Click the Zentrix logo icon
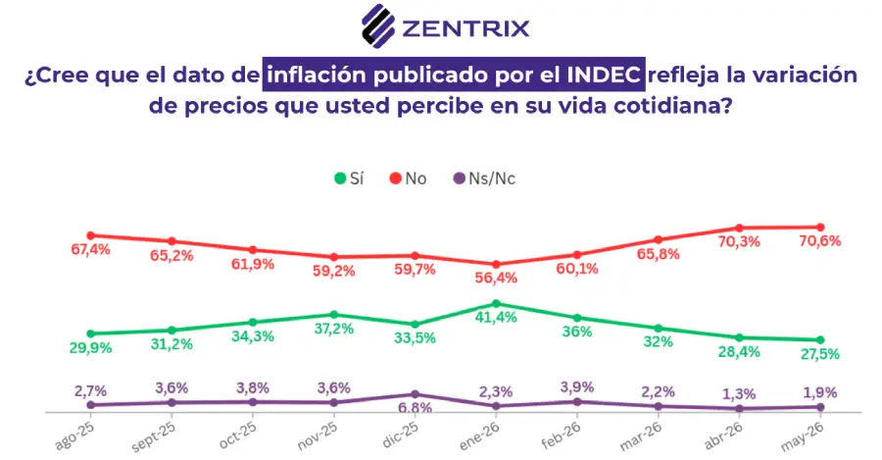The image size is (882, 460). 377,26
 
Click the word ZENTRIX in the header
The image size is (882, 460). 465,28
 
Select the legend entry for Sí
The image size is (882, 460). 349,179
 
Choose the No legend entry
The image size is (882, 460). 408,179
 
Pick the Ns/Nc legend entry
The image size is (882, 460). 484,179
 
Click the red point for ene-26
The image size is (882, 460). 496,264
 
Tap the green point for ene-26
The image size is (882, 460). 496,303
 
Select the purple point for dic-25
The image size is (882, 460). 415,394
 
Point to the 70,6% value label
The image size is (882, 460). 820,241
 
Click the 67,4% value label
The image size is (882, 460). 90,249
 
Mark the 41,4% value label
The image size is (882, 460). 496,318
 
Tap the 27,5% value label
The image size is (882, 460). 819,354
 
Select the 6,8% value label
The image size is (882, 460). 416,408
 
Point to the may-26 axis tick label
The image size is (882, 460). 802,436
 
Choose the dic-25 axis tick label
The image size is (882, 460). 400,434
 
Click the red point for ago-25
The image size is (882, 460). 90,235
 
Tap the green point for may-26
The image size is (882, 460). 820,340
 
